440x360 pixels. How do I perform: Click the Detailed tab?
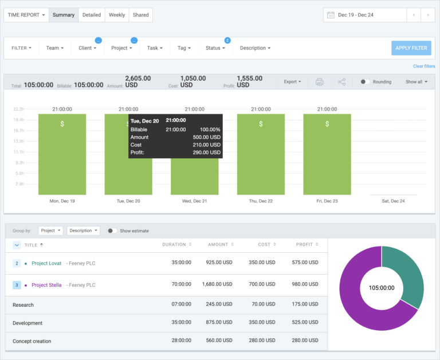point(92,15)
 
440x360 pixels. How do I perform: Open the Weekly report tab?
point(117,15)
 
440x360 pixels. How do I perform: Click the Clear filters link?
point(424,66)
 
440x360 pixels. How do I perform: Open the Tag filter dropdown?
point(184,48)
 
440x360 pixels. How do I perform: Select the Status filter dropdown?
point(215,48)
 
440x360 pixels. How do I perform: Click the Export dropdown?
point(292,82)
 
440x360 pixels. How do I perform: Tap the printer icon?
point(320,82)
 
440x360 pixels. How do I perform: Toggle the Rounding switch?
point(365,82)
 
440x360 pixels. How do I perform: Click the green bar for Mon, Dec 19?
point(62,155)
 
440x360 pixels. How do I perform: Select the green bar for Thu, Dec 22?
point(261,155)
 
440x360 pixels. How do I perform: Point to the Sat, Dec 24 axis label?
point(393,201)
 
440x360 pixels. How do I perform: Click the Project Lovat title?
point(47,263)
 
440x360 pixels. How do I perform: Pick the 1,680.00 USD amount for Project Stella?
point(218,285)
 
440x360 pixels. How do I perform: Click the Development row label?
point(27,323)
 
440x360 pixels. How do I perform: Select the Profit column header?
point(305,245)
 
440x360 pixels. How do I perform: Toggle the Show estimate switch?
point(112,231)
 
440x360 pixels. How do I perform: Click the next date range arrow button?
point(428,15)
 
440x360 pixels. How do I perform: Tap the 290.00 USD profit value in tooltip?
point(207,152)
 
